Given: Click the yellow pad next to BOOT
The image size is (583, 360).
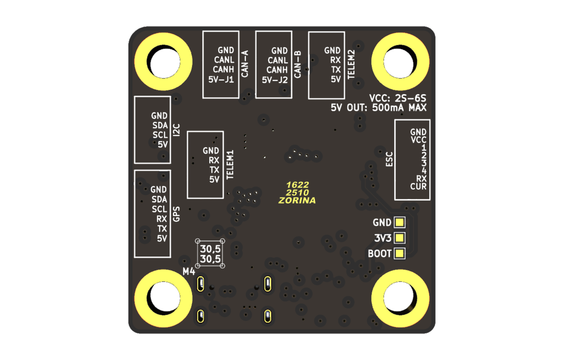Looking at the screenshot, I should tap(399, 253).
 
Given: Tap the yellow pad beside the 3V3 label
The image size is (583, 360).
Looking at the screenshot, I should tap(399, 238).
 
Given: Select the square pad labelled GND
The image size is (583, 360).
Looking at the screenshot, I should tap(399, 222).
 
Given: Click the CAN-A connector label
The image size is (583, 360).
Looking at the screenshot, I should tap(245, 64).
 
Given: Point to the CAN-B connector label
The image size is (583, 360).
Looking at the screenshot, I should tap(298, 64).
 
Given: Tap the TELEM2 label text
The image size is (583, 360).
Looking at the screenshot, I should tap(351, 64).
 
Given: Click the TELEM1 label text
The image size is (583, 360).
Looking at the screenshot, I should tap(230, 164).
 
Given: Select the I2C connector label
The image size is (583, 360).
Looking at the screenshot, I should tap(176, 130).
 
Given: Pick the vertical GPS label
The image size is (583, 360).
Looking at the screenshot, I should tap(176, 214).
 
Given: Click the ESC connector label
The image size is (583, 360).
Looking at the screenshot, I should tap(389, 159).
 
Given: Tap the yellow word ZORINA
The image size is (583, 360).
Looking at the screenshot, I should tap(297, 200).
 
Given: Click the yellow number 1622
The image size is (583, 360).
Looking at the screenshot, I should tap(297, 185).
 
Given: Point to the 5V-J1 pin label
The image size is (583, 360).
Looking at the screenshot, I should tap(221, 79).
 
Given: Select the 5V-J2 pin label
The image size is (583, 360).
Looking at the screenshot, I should tap(275, 80).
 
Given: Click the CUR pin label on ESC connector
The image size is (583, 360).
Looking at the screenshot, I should tap(418, 187).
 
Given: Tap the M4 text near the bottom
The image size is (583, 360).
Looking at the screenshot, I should tap(189, 271).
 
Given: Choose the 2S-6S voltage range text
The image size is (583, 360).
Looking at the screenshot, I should tap(410, 98).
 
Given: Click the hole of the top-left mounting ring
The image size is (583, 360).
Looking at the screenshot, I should tap(163, 62).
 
